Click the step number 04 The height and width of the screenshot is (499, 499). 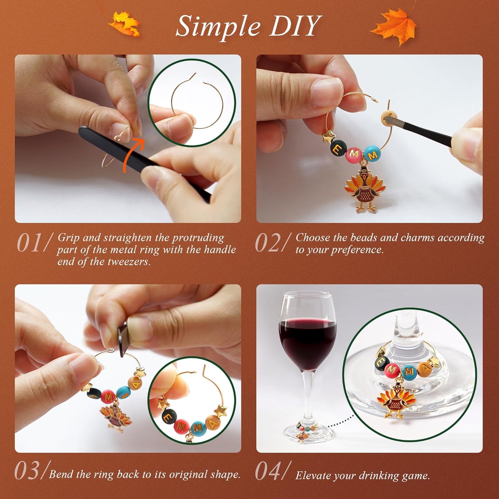coord(268,471)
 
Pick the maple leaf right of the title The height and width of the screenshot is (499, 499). coord(394,26)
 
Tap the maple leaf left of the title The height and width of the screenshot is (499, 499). coord(125,23)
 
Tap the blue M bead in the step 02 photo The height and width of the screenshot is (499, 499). coord(372,154)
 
